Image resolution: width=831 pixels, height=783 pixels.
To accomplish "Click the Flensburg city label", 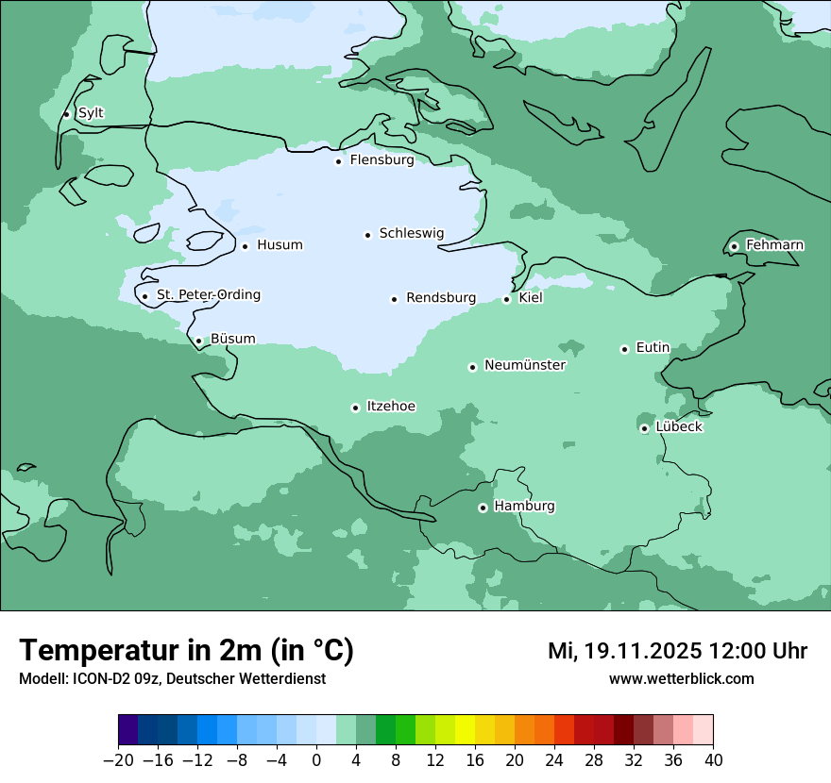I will [382, 160].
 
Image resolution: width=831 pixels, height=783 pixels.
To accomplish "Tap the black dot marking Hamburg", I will [483, 508].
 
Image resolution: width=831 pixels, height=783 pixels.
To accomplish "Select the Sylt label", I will [91, 113].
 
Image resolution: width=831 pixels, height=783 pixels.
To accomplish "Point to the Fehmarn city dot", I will [734, 246].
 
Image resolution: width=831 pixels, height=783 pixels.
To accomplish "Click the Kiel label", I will [531, 298].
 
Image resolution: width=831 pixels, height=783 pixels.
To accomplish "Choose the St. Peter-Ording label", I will [208, 295].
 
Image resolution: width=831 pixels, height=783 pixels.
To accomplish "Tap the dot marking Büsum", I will [198, 342].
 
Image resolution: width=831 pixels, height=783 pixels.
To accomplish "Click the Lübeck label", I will [679, 427].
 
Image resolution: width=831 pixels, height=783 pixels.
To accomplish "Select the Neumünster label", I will [525, 365].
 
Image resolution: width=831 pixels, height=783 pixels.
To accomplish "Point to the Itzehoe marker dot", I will [355, 408].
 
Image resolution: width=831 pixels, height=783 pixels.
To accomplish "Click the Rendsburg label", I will [441, 298].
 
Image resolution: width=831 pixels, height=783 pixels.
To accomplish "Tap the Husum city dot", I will [245, 246].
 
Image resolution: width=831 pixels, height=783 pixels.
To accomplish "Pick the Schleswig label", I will [411, 233].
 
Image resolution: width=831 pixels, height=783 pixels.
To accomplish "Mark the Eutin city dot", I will [624, 349].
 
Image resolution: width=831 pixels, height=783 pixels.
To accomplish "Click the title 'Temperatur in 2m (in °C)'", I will [186, 651].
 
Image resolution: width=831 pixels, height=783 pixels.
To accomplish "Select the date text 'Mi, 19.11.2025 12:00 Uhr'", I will [677, 651].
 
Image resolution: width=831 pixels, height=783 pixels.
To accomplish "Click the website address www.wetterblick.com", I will [681, 679].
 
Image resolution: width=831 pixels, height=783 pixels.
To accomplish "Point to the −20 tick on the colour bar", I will [118, 760].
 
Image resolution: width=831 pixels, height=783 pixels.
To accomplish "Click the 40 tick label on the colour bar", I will [713, 760].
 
